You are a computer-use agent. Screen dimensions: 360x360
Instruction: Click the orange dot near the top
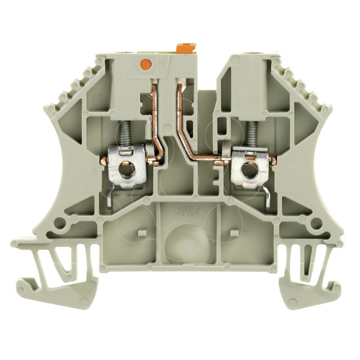pos(146,64)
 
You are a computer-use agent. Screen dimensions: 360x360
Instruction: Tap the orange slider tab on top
pos(185,48)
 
